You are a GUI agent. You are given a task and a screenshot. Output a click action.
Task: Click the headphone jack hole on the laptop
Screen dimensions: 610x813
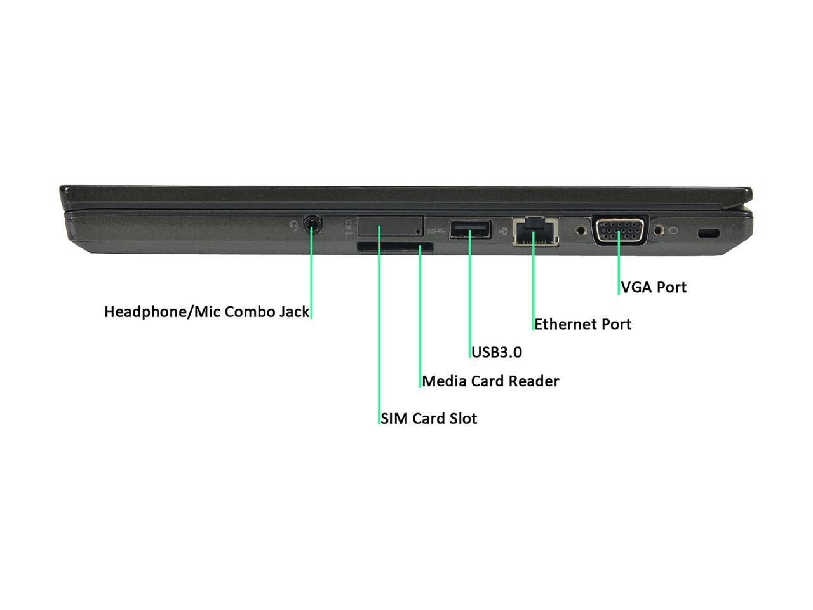[311, 224]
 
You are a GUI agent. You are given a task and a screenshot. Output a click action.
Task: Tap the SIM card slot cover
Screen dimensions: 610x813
[390, 226]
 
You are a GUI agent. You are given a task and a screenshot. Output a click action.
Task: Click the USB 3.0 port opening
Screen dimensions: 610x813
[470, 229]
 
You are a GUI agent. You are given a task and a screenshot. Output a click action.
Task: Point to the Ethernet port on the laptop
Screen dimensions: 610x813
[535, 231]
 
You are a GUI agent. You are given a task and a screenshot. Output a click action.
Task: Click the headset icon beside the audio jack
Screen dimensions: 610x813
[293, 225]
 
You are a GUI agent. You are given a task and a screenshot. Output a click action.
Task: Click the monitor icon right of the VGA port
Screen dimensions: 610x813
[673, 231]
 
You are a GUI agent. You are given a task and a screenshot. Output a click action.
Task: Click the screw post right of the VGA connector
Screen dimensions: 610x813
[658, 229]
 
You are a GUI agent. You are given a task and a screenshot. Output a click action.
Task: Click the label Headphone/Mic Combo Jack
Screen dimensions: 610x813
[206, 312]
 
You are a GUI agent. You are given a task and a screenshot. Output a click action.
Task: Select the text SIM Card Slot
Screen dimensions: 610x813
[429, 419]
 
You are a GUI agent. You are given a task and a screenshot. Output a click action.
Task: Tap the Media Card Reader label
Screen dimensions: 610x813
[490, 381]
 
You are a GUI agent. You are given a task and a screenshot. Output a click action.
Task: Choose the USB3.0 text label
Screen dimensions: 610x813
[497, 352]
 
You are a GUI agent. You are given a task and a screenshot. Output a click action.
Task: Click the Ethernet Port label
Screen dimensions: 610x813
[582, 324]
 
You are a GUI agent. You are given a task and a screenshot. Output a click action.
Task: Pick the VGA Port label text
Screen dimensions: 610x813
[654, 287]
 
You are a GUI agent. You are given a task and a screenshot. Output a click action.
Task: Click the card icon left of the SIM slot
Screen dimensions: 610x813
[349, 229]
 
